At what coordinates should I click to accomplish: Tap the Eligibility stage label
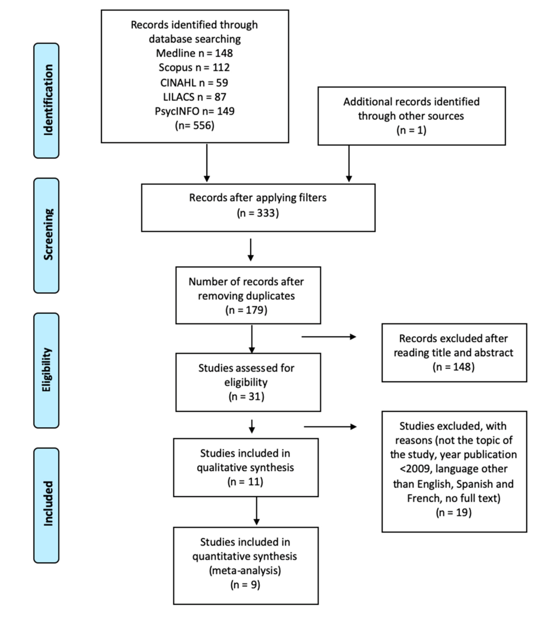pos(46,370)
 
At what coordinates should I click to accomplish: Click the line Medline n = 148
pos(194,53)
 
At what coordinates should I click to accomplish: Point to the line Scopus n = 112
pos(194,67)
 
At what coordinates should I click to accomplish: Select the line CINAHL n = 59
pos(194,83)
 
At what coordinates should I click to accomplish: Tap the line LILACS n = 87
pos(194,97)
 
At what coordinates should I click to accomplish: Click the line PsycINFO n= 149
pos(194,111)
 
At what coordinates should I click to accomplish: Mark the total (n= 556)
pos(194,125)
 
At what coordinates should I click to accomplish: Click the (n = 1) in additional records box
pos(411,130)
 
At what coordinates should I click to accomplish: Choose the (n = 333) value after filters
pos(258,213)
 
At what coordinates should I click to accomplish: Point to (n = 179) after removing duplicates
pos(246,310)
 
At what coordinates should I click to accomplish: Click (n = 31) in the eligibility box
pos(246,396)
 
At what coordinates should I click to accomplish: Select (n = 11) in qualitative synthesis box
pos(245,481)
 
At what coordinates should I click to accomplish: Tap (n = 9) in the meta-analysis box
pos(245,584)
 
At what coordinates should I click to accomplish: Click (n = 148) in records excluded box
pos(454,367)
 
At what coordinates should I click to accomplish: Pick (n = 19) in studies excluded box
pos(454,512)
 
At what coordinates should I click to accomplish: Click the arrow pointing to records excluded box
pos(329,336)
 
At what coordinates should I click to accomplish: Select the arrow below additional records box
pos(349,163)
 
